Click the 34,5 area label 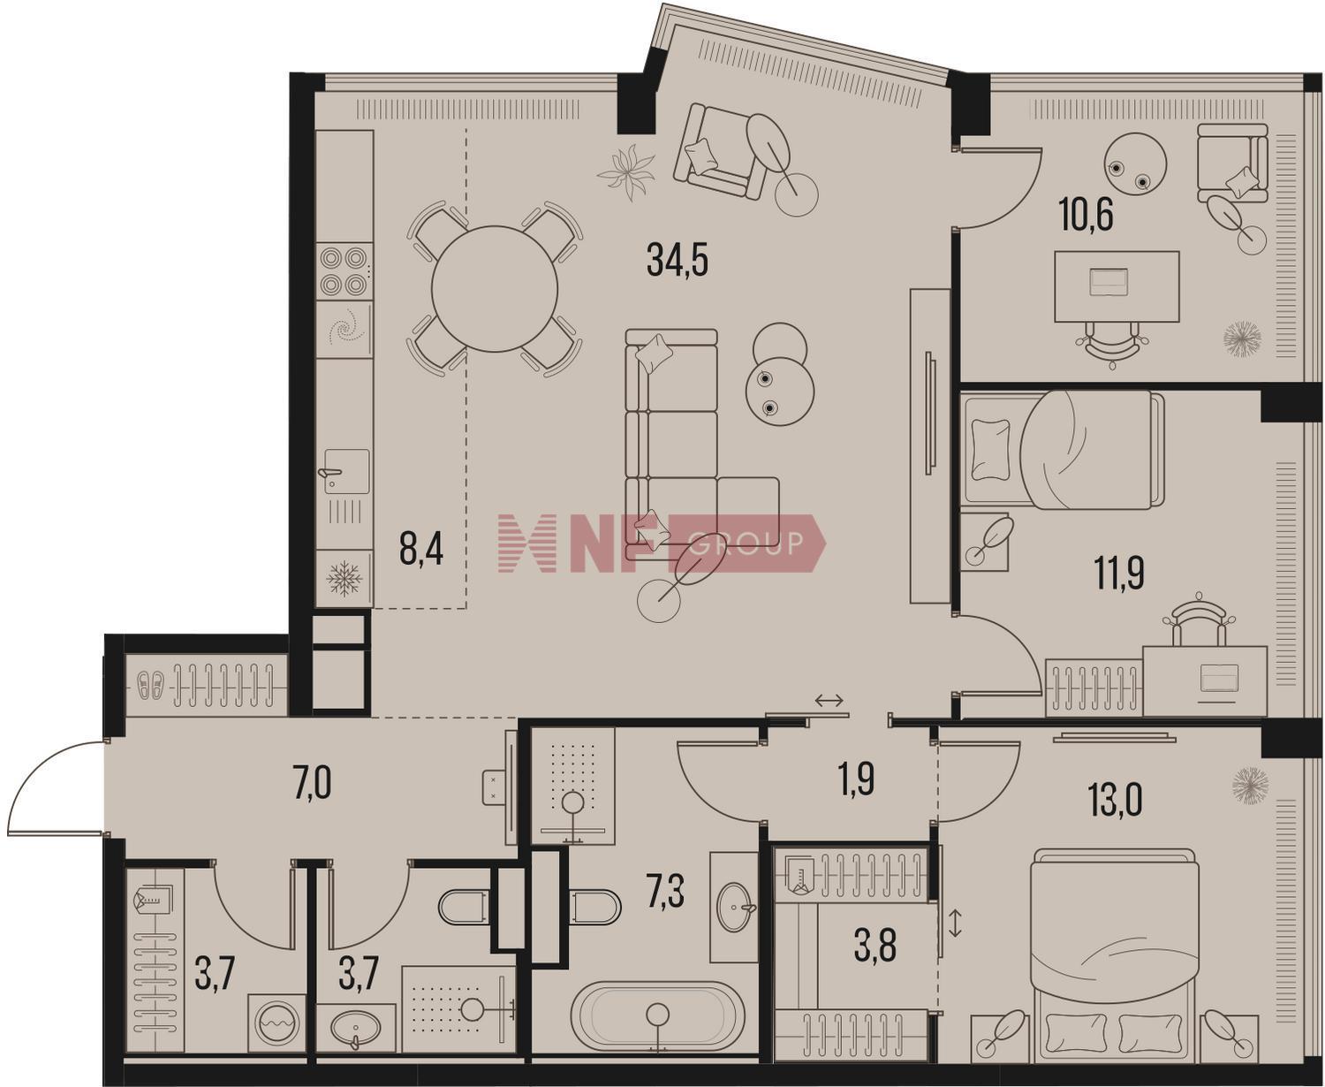coord(678,261)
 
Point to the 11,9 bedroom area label coord(1119,574)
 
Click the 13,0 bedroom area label coord(1117,799)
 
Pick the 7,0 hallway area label coord(312,784)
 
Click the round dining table coord(495,289)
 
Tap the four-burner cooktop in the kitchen coord(343,271)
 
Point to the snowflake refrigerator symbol coord(344,578)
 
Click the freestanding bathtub coord(657,1016)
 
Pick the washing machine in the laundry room coord(277,1022)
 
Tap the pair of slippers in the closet coord(151,686)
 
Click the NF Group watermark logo coord(662,543)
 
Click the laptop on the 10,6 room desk coord(1109,282)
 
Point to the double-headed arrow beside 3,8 coord(955,924)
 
